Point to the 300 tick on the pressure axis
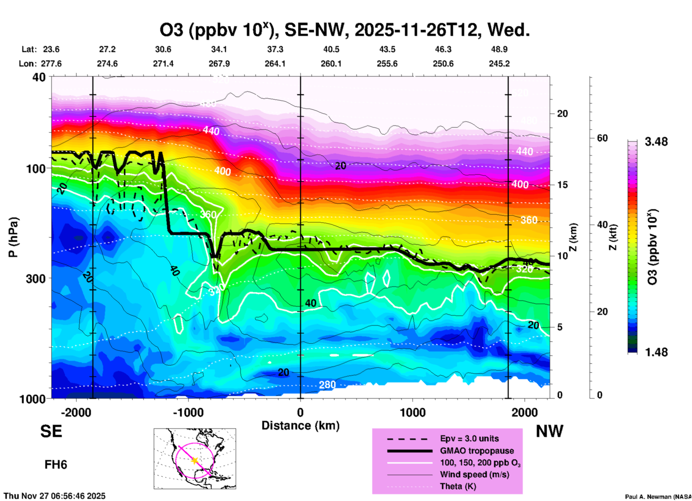tap(36, 279)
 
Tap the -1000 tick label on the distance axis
tap(188, 413)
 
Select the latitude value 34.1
tap(219, 49)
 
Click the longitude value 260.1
tap(331, 64)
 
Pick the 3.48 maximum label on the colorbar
tap(656, 142)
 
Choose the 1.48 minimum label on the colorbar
tap(656, 352)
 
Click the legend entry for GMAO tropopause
tap(477, 451)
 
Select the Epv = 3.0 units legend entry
tap(469, 438)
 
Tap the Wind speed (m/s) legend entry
tap(474, 474)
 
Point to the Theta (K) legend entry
tap(458, 486)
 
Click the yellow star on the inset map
tap(195, 460)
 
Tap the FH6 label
tap(56, 465)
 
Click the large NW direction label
tap(549, 431)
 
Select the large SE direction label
tap(51, 431)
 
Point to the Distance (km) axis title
tap(300, 426)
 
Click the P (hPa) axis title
tap(13, 237)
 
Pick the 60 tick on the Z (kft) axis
tap(602, 138)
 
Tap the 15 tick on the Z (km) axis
tap(562, 185)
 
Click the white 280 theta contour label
tap(327, 385)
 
